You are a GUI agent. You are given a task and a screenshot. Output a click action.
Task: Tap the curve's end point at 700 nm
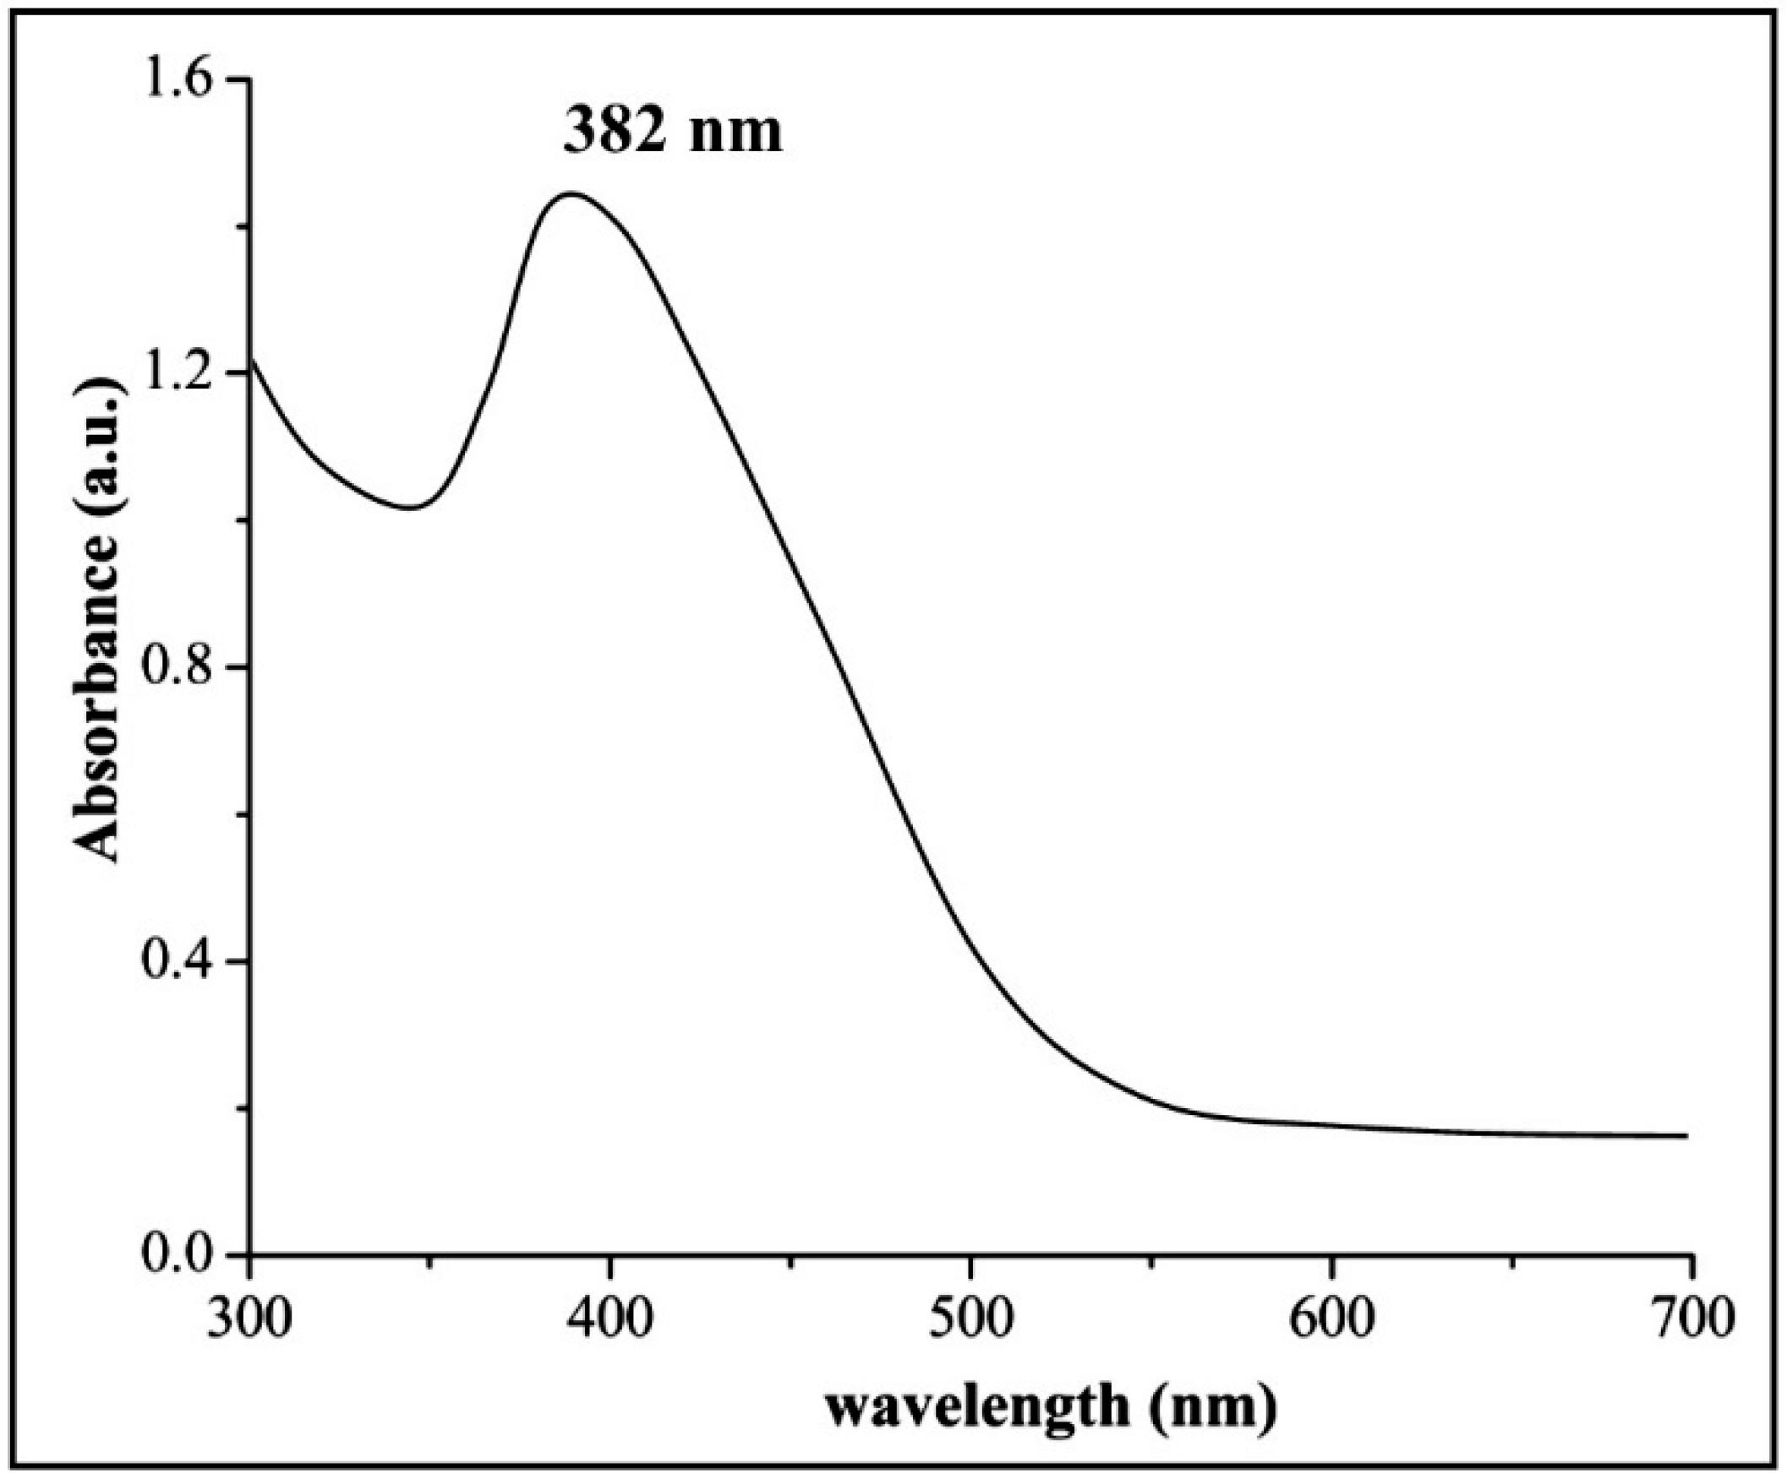click(1686, 1135)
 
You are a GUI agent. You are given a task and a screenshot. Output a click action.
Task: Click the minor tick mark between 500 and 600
click(1150, 1262)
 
